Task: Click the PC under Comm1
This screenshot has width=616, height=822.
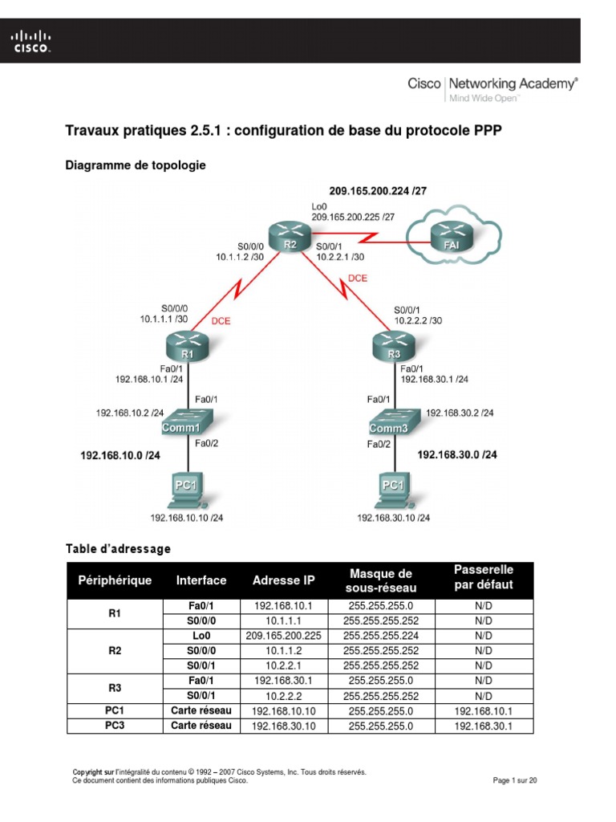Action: (188, 490)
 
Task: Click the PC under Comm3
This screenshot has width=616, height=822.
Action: (393, 490)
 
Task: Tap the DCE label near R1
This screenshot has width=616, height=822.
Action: (221, 320)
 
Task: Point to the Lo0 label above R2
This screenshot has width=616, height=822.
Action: (318, 206)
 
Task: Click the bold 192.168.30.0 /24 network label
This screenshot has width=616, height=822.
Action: (457, 454)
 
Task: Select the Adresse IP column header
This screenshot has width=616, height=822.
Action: (284, 580)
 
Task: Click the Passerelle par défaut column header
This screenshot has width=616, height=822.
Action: (484, 577)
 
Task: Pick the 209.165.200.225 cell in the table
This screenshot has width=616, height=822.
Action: (283, 635)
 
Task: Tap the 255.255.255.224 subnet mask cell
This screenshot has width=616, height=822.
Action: (381, 635)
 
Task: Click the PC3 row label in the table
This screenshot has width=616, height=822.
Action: (114, 726)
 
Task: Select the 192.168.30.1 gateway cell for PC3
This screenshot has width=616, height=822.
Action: (483, 726)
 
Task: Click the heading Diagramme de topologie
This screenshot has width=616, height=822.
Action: (135, 165)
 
